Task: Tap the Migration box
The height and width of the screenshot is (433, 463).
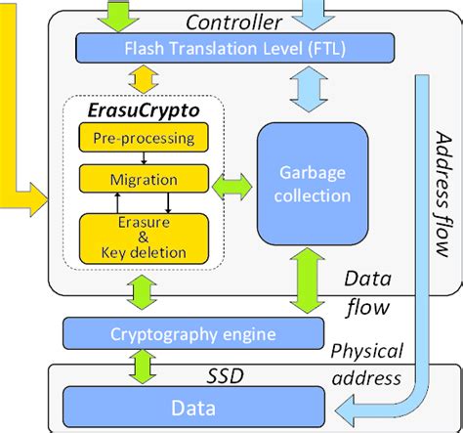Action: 143,180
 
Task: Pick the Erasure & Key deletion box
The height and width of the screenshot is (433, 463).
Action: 143,235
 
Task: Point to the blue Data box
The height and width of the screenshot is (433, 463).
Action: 195,403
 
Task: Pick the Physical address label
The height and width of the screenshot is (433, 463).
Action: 366,364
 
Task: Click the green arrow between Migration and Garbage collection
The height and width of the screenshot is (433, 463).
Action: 231,181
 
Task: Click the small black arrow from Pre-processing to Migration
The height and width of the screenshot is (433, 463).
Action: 143,158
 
